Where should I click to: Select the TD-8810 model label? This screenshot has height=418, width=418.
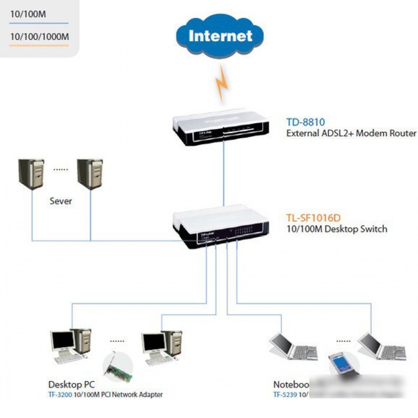coord(305,122)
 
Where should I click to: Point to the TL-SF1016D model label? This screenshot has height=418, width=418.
coord(313,218)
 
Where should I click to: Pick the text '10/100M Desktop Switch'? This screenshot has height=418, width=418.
coord(337,229)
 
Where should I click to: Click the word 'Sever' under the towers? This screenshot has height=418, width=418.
coord(60,201)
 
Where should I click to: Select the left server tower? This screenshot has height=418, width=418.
coord(31,173)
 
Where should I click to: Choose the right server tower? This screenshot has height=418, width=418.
coord(90,173)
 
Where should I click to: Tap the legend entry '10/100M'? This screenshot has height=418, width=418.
coord(28,14)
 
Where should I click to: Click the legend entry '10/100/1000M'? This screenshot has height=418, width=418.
coord(39,36)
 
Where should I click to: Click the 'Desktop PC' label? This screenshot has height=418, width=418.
coord(71,384)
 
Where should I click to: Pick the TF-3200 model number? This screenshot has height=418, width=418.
coord(60,395)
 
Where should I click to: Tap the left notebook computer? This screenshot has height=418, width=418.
coord(293,347)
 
